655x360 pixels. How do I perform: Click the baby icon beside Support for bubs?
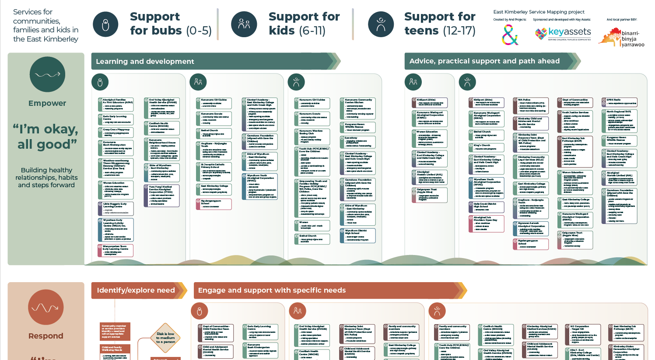tap(105, 24)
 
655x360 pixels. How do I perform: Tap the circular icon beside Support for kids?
tap(244, 24)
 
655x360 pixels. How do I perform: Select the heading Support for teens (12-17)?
tap(439, 24)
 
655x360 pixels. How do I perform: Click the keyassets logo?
tap(563, 33)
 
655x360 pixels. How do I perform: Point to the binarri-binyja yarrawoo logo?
tap(621, 38)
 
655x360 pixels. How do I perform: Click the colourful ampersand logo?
tap(510, 35)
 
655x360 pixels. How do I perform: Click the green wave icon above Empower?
tap(47, 75)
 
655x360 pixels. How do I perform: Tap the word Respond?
tap(46, 336)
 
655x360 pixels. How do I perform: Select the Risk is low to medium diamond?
tap(165, 338)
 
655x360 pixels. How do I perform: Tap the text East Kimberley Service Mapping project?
tap(539, 12)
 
